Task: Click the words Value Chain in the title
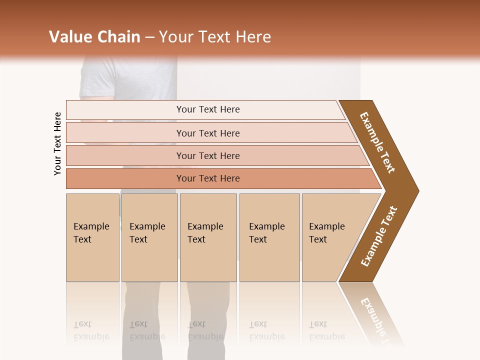pos(94,37)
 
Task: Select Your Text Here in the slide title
pos(215,37)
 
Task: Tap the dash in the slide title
pos(149,37)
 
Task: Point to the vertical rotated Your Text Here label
pos(57,143)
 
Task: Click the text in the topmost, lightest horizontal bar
pos(208,109)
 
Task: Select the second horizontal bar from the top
pos(208,133)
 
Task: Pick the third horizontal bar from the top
pos(208,155)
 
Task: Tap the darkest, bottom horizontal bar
pos(208,178)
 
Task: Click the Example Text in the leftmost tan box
pos(91,233)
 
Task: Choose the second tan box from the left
pos(149,237)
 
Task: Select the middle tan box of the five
pos(208,237)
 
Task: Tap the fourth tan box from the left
pos(269,237)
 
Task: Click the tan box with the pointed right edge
pos(330,237)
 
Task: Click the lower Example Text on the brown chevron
pos(379,236)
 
